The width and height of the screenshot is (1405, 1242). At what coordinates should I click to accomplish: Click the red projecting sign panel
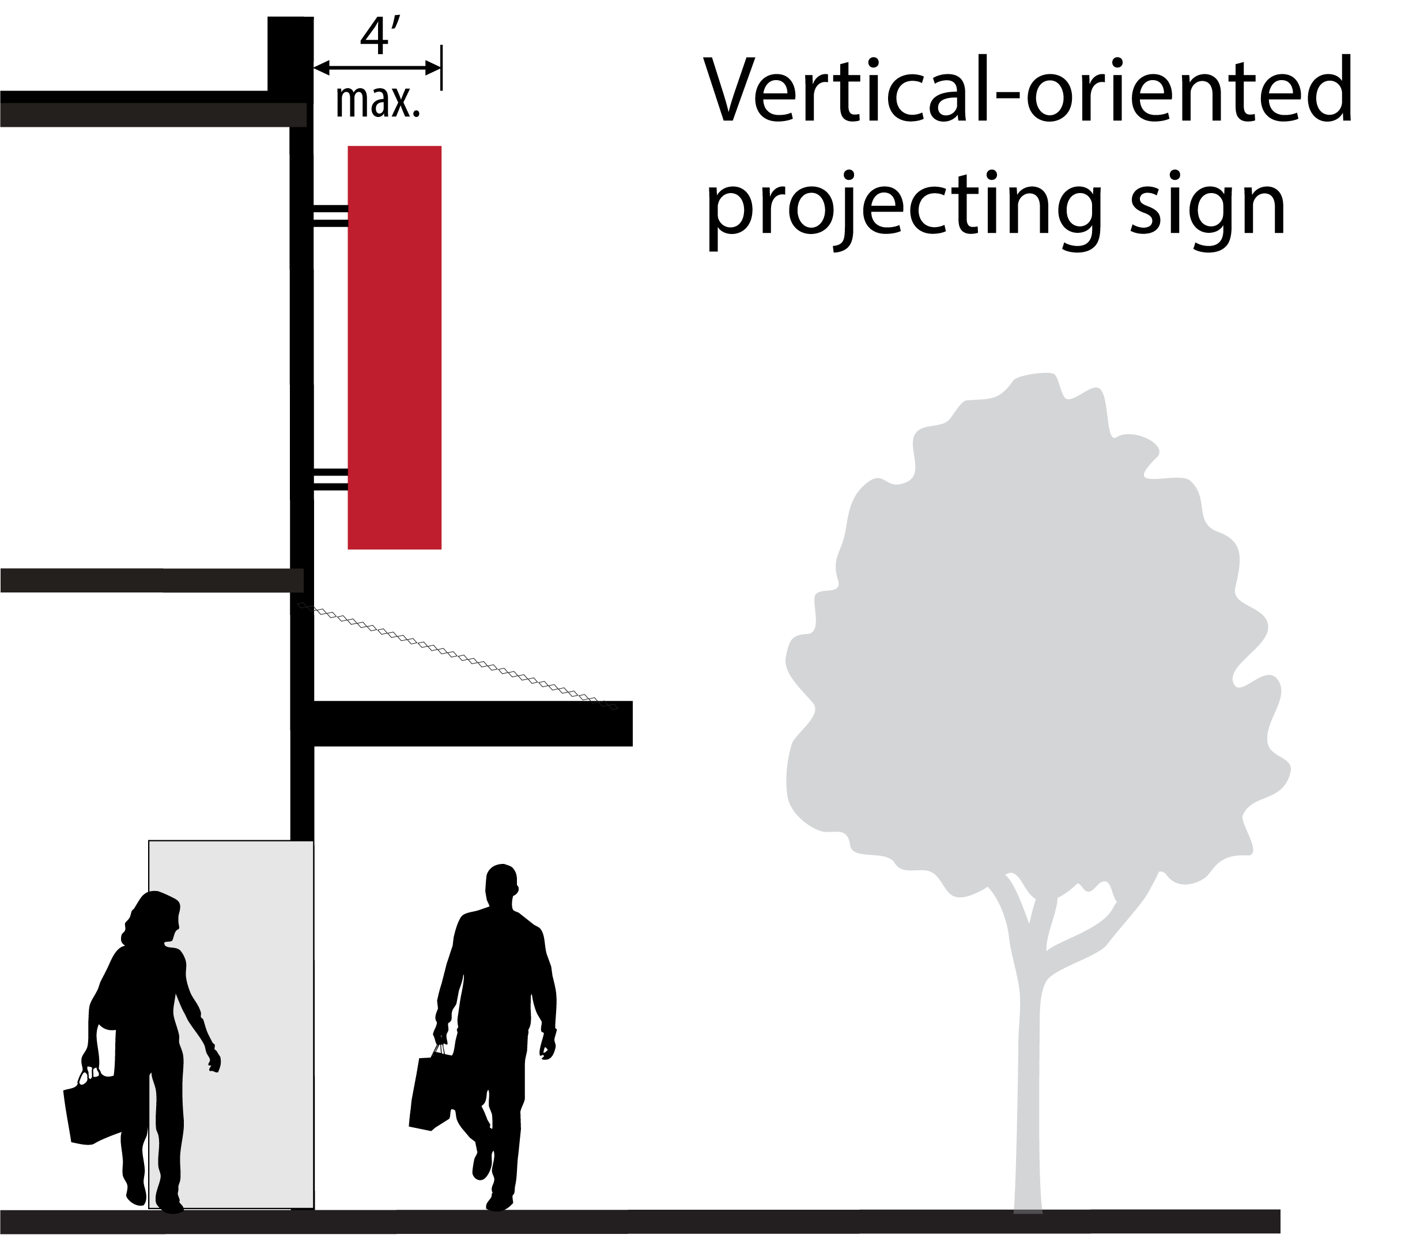395,347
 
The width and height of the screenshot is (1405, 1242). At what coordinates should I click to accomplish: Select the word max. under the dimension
377,103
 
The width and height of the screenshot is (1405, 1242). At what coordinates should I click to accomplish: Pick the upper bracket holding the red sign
331,215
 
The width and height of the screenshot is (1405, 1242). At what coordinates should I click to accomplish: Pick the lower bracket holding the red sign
331,479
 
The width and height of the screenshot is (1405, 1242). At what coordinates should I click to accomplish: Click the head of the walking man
501,886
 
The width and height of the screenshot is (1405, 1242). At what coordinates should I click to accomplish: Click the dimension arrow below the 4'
377,67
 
